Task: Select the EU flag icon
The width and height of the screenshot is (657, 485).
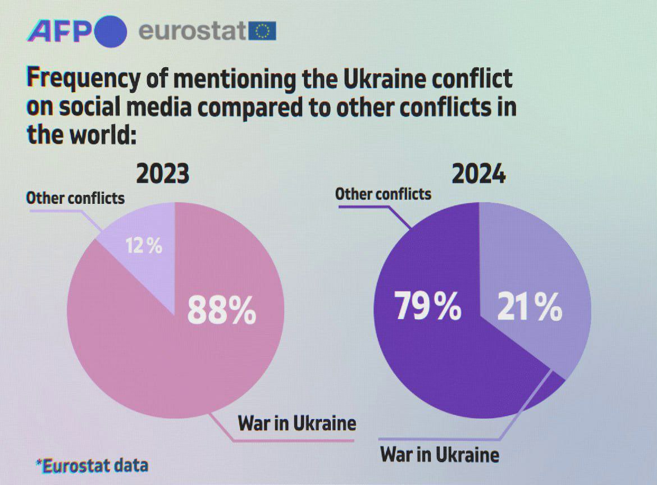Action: click(x=262, y=31)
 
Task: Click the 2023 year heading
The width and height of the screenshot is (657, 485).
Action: click(x=163, y=175)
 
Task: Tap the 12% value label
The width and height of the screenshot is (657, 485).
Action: click(x=144, y=245)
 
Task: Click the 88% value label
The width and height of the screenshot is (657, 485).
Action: click(x=221, y=310)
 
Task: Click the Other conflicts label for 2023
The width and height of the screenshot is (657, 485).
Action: click(x=75, y=198)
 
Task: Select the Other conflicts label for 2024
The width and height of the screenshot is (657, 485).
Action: click(x=383, y=194)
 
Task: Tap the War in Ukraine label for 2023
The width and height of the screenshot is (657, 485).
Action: click(x=297, y=423)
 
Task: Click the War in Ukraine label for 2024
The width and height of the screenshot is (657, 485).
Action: click(x=440, y=454)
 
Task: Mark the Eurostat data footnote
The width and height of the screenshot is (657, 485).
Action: click(x=92, y=465)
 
